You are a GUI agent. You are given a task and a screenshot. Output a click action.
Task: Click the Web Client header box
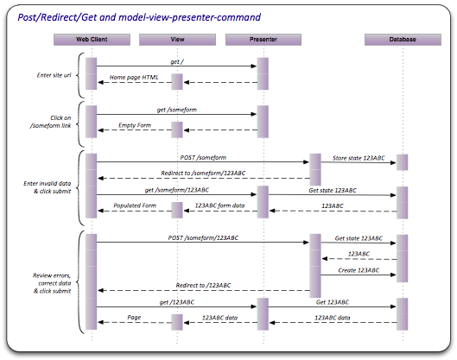(92, 39)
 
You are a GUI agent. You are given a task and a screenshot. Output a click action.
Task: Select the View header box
(176, 39)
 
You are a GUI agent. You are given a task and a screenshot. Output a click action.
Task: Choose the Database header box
(402, 39)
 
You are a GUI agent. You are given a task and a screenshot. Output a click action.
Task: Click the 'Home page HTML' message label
(135, 77)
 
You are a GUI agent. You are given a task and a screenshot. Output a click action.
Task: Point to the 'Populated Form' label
(133, 205)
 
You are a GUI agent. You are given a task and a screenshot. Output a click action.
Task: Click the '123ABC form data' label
(221, 205)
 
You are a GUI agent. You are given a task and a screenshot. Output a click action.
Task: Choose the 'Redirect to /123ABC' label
(203, 285)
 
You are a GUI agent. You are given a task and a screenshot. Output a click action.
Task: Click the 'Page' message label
(134, 317)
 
